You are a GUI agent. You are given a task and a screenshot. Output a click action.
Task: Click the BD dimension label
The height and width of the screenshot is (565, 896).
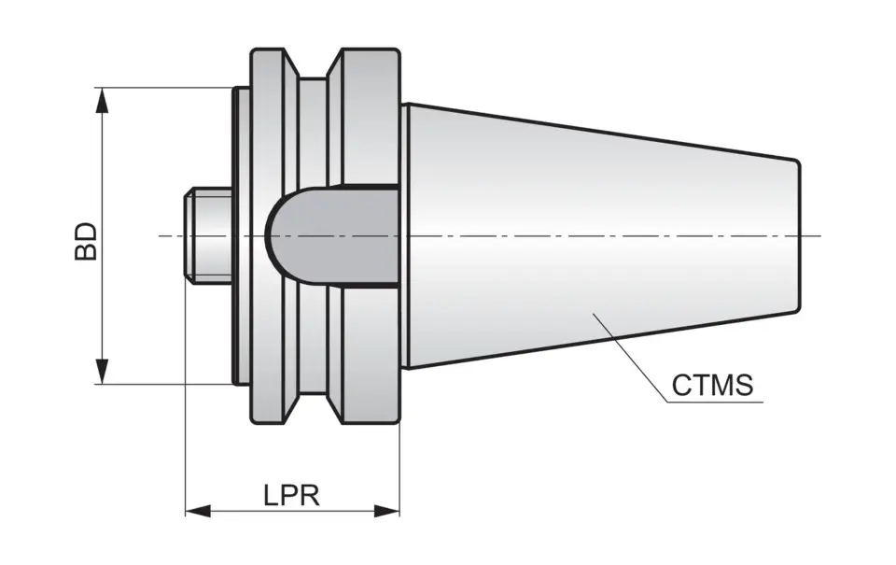click(86, 240)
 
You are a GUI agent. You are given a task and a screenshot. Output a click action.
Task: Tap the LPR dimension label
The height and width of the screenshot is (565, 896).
click(291, 495)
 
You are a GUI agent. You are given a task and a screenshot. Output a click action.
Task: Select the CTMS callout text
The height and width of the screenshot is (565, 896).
click(712, 386)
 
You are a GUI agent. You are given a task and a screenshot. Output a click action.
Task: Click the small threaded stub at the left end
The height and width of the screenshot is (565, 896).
click(208, 235)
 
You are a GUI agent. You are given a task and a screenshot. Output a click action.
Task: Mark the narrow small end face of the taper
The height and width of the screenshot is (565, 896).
click(798, 235)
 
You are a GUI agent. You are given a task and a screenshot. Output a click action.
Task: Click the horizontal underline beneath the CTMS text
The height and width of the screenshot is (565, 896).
click(714, 403)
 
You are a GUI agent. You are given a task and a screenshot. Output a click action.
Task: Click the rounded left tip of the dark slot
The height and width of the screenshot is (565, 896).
click(272, 235)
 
